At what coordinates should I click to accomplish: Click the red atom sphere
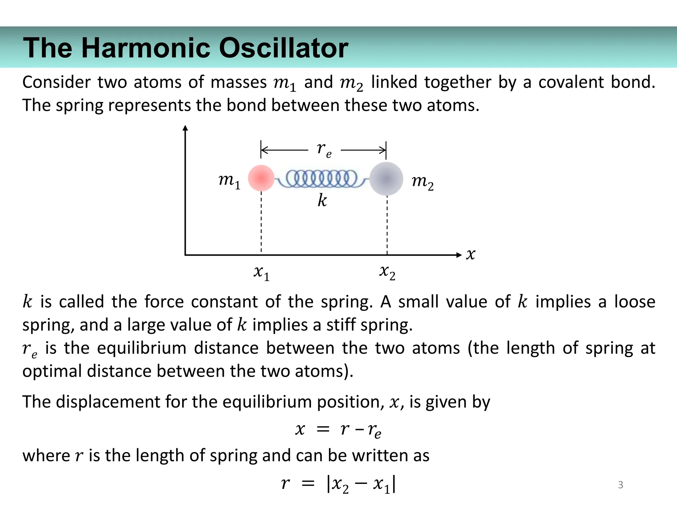pos(261,178)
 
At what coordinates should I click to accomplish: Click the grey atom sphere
pos(386,179)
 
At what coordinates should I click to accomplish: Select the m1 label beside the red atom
pos(229,182)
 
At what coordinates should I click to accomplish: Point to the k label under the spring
pos(322,200)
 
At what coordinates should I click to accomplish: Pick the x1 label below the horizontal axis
pos(261,273)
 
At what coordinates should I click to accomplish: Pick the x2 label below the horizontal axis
pos(387,272)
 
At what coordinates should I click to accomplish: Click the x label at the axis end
pos(470,254)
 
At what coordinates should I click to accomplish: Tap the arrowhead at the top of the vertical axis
pos(185,128)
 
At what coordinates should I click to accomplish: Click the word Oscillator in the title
pos(283,48)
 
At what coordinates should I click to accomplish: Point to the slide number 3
pos(620,485)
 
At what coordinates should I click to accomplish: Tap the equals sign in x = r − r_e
pos(323,430)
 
